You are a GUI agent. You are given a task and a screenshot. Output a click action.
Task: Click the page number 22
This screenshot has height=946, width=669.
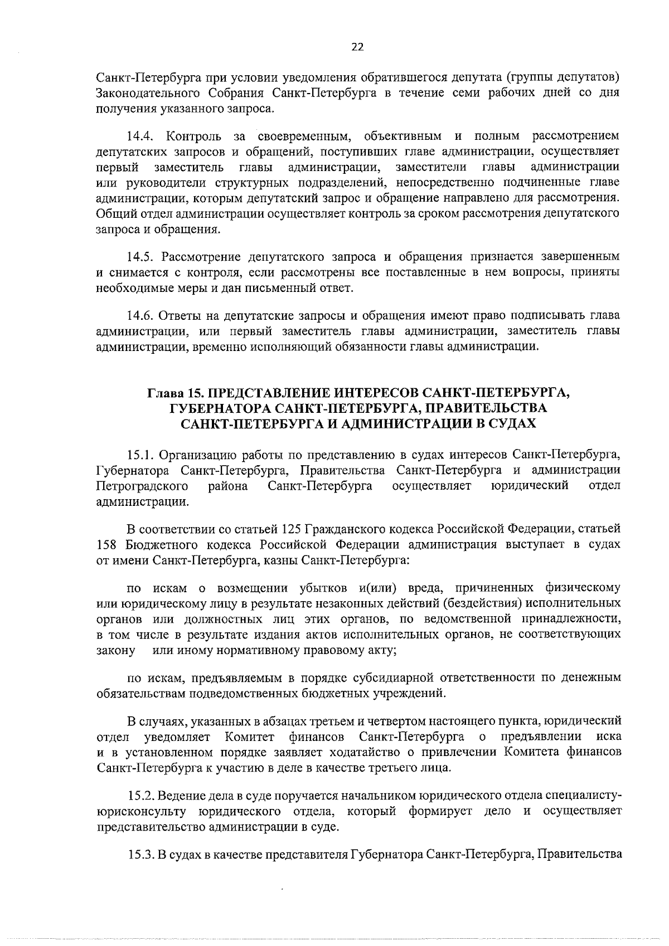pos(357,47)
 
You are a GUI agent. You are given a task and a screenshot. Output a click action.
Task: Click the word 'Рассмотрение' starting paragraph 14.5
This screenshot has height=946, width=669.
pos(196,257)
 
